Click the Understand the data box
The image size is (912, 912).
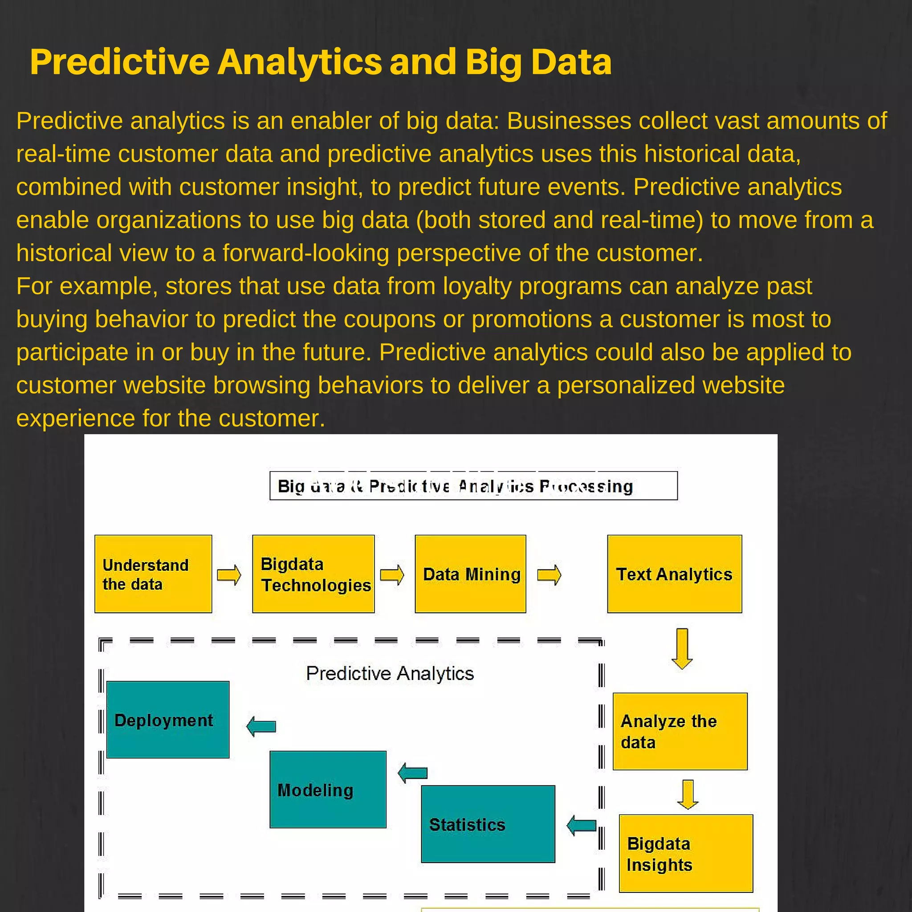click(153, 574)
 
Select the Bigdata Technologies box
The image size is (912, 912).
click(313, 574)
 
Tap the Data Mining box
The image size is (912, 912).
click(470, 574)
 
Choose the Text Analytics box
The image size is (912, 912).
click(674, 574)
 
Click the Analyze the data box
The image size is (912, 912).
click(680, 731)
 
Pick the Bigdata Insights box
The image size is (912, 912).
click(685, 854)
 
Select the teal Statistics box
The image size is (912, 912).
click(488, 824)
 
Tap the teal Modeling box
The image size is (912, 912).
click(328, 789)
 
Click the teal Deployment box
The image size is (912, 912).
click(167, 720)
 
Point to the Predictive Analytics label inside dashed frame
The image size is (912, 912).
click(390, 673)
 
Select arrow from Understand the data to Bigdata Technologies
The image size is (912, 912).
click(229, 575)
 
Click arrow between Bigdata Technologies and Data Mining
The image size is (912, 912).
click(392, 575)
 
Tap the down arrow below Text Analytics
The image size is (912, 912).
click(682, 648)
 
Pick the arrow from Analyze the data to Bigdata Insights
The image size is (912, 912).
click(687, 794)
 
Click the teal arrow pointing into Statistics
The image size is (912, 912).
click(582, 825)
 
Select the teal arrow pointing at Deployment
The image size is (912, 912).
click(261, 726)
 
